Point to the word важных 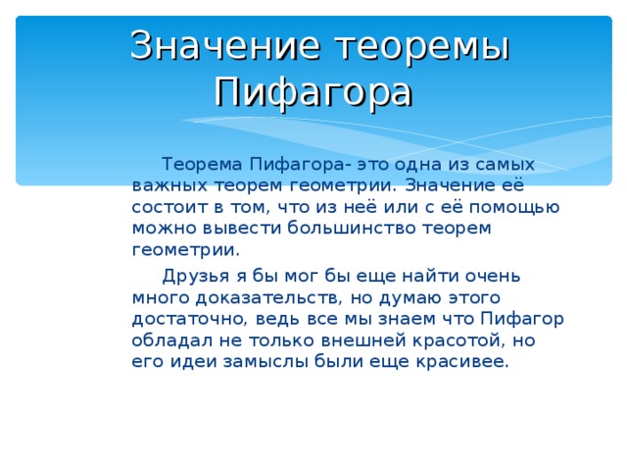tap(166, 184)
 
